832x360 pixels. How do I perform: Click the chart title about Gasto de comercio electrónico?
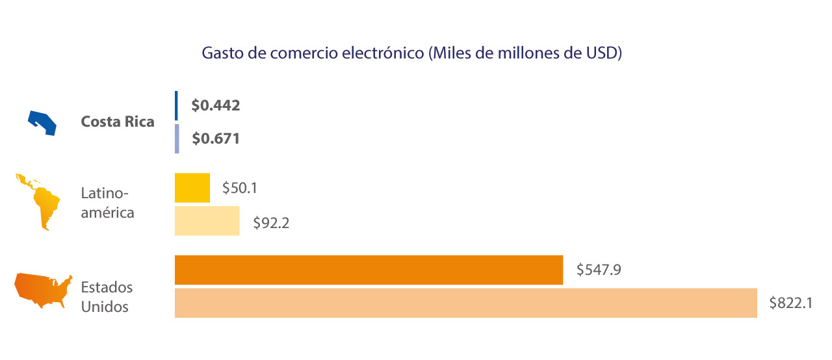tap(412, 53)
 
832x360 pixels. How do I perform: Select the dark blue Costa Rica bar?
tap(176, 105)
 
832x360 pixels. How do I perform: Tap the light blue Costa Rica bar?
tap(177, 138)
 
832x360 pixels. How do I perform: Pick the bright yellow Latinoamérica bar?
tap(192, 188)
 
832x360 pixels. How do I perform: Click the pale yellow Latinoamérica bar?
tap(207, 221)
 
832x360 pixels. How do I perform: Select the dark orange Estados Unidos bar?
tap(369, 270)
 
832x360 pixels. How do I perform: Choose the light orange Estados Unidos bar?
tap(465, 303)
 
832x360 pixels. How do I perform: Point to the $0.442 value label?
tap(216, 105)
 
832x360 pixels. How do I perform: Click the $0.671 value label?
tap(216, 138)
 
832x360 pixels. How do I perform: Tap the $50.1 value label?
tap(240, 188)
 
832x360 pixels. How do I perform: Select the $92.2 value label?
tap(271, 224)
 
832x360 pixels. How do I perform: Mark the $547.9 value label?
tap(599, 269)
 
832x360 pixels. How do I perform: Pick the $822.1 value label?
tap(791, 303)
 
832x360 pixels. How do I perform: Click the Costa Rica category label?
tap(118, 122)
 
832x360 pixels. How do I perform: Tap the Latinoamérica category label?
tap(107, 203)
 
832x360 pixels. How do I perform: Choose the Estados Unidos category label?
tap(107, 297)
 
